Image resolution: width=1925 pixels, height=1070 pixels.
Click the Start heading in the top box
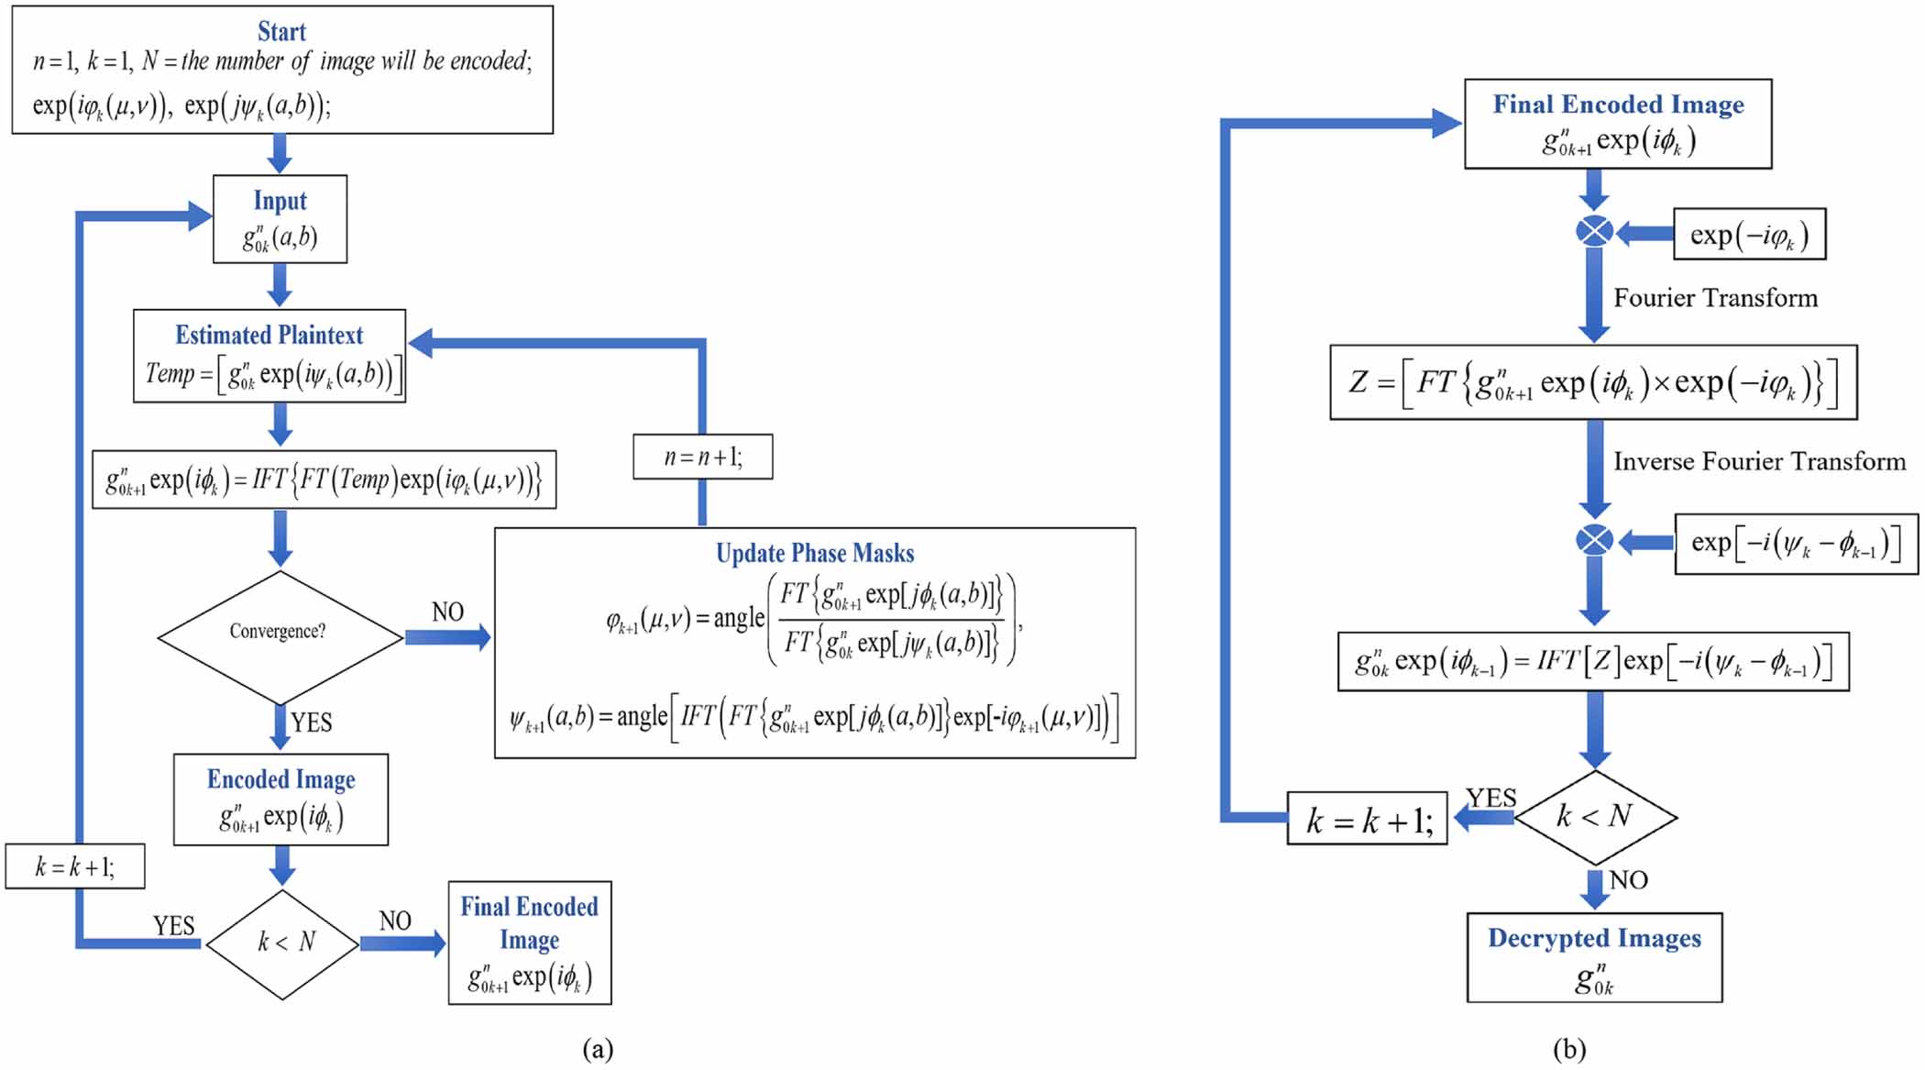point(281,32)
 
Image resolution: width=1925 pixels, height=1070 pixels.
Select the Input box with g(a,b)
point(280,220)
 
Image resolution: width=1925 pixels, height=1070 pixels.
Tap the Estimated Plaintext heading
point(269,335)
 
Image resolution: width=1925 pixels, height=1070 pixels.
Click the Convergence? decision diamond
point(280,633)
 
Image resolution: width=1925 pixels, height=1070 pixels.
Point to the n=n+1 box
point(702,457)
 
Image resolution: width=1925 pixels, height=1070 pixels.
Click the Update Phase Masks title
point(814,554)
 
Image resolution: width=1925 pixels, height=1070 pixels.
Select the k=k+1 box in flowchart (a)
point(75,866)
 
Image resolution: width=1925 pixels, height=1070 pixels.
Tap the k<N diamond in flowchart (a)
point(283,943)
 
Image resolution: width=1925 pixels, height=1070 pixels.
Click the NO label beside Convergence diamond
point(447,612)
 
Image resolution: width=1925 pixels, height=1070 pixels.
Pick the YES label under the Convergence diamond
point(312,723)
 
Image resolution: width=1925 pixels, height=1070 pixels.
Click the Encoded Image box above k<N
point(280,800)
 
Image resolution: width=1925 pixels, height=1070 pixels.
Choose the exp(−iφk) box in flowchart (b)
point(1749,235)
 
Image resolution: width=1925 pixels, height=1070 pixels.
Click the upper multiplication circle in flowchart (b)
point(1594,231)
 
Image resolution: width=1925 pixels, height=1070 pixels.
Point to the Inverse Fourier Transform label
point(1758,461)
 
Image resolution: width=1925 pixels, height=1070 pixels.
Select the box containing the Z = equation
point(1593,382)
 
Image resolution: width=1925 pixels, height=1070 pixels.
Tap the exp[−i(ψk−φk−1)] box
point(1795,544)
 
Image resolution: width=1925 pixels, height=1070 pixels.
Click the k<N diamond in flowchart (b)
point(1595,816)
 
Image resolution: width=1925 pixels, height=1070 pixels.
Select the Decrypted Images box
point(1594,957)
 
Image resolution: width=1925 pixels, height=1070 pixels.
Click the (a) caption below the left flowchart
point(598,1049)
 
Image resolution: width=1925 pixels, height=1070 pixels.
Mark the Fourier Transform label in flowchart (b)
point(1715,298)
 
